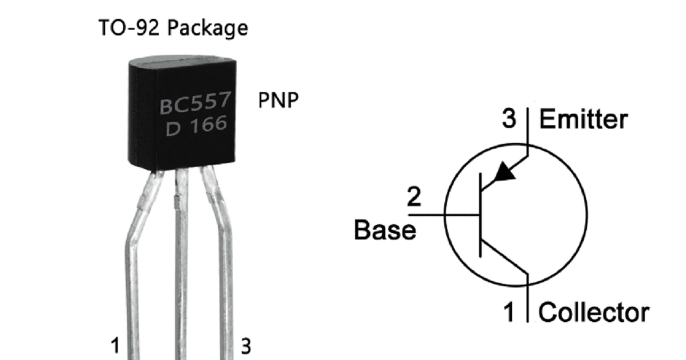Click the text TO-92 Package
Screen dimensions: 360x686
click(x=173, y=27)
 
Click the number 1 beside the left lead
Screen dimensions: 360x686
click(x=115, y=346)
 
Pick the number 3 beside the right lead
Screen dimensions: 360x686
click(x=245, y=346)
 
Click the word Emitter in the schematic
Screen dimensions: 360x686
click(x=583, y=120)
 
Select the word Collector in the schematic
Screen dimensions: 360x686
click(x=594, y=313)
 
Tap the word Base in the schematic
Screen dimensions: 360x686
click(x=385, y=230)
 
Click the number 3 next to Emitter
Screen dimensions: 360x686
click(x=509, y=120)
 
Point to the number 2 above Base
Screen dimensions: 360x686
click(x=413, y=198)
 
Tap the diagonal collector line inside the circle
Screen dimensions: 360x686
click(x=503, y=260)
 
